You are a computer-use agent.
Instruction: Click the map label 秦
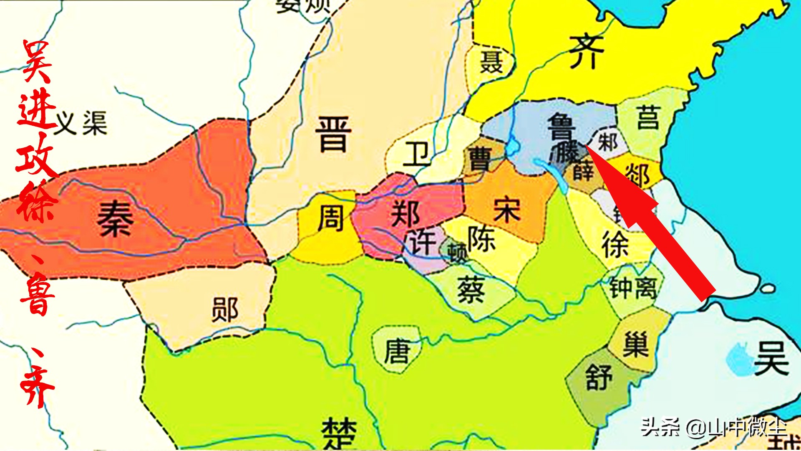115,218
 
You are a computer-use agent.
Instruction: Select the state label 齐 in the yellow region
586,52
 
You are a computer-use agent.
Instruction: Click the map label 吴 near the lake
771,358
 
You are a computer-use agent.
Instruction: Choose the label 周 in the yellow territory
330,218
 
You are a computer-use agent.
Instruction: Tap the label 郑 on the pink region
405,214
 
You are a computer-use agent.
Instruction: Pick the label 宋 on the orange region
507,210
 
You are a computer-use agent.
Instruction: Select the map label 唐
397,352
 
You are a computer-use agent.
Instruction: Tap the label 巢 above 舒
635,345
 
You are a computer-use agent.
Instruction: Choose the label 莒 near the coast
648,118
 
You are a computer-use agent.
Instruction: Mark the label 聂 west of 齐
491,62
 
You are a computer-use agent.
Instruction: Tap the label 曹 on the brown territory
480,159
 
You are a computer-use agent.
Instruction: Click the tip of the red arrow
587,146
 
